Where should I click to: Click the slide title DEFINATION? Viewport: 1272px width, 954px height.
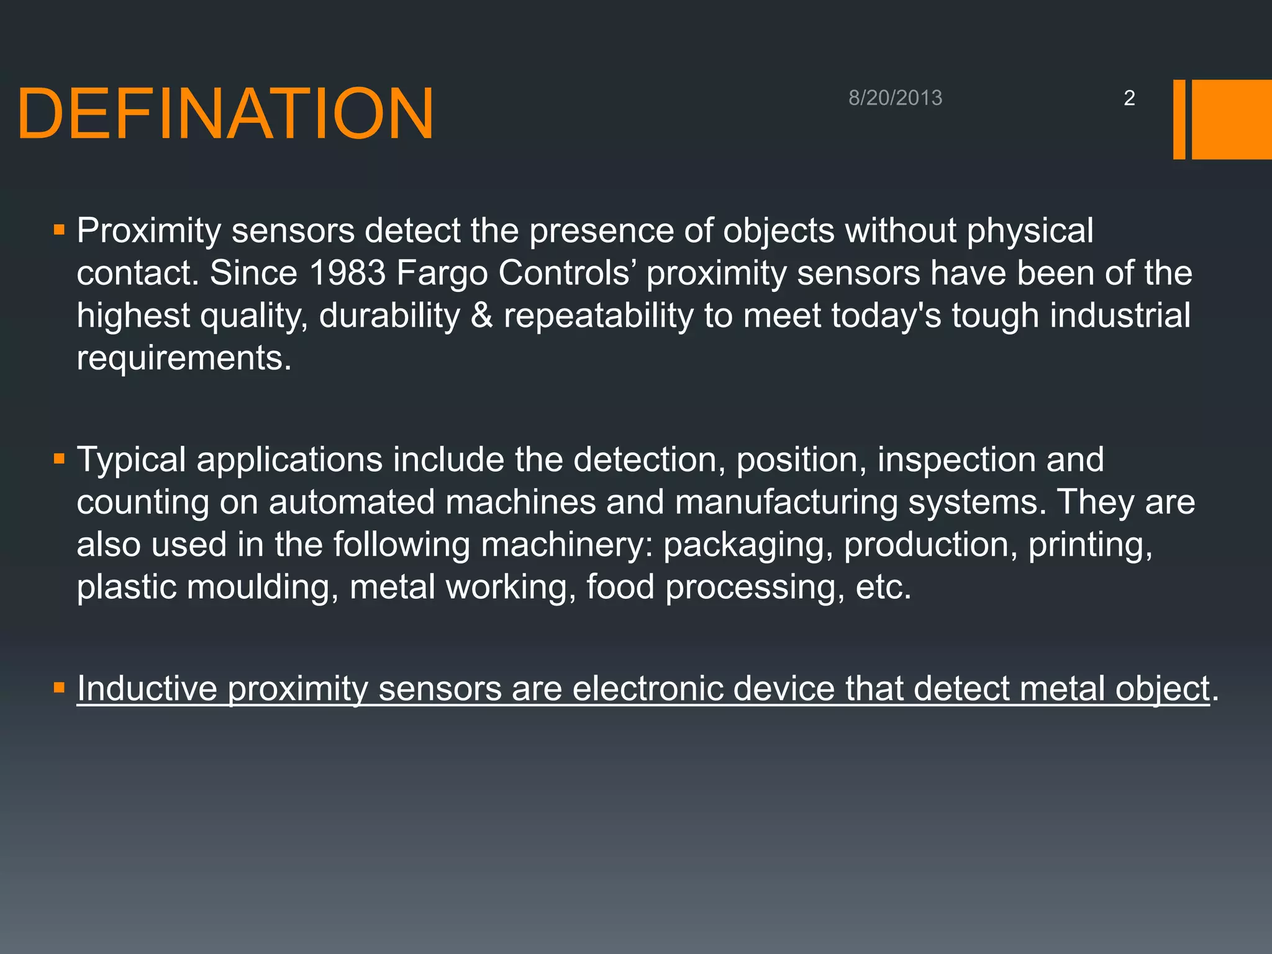[225, 114]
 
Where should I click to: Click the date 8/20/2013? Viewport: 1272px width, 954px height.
[895, 98]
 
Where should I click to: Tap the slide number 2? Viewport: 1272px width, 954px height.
[1129, 98]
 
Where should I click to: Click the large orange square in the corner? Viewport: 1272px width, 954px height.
[1231, 119]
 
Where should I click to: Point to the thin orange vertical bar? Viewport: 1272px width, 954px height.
[1179, 119]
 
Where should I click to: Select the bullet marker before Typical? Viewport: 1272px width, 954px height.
[59, 460]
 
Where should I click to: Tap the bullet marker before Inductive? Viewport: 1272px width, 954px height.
[59, 688]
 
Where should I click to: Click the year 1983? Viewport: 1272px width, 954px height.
[347, 273]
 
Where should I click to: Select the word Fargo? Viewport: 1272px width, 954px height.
[442, 273]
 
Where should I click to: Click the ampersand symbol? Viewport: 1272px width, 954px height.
[482, 316]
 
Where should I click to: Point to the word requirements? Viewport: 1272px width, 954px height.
[183, 358]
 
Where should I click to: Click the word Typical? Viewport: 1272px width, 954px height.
[131, 461]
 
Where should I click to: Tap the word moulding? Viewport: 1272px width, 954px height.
[262, 588]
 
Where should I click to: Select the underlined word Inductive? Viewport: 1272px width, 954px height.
[147, 689]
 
